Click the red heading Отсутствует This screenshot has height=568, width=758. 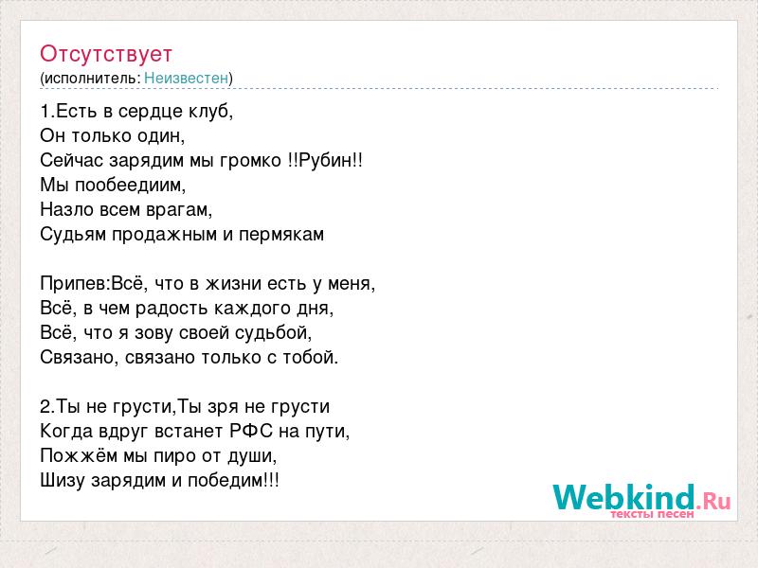(106, 54)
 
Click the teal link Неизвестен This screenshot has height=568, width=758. (186, 78)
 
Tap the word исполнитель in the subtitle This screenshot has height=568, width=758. (91, 79)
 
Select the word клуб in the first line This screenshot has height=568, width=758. (208, 112)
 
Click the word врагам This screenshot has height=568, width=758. (178, 210)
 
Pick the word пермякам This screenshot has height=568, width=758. (281, 235)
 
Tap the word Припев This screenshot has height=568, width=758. (76, 283)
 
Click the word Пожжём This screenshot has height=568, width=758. (79, 455)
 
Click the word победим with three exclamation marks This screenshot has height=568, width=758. (233, 481)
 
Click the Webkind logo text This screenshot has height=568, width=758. (624, 498)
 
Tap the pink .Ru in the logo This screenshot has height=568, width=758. (713, 502)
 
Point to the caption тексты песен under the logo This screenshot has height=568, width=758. (652, 514)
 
